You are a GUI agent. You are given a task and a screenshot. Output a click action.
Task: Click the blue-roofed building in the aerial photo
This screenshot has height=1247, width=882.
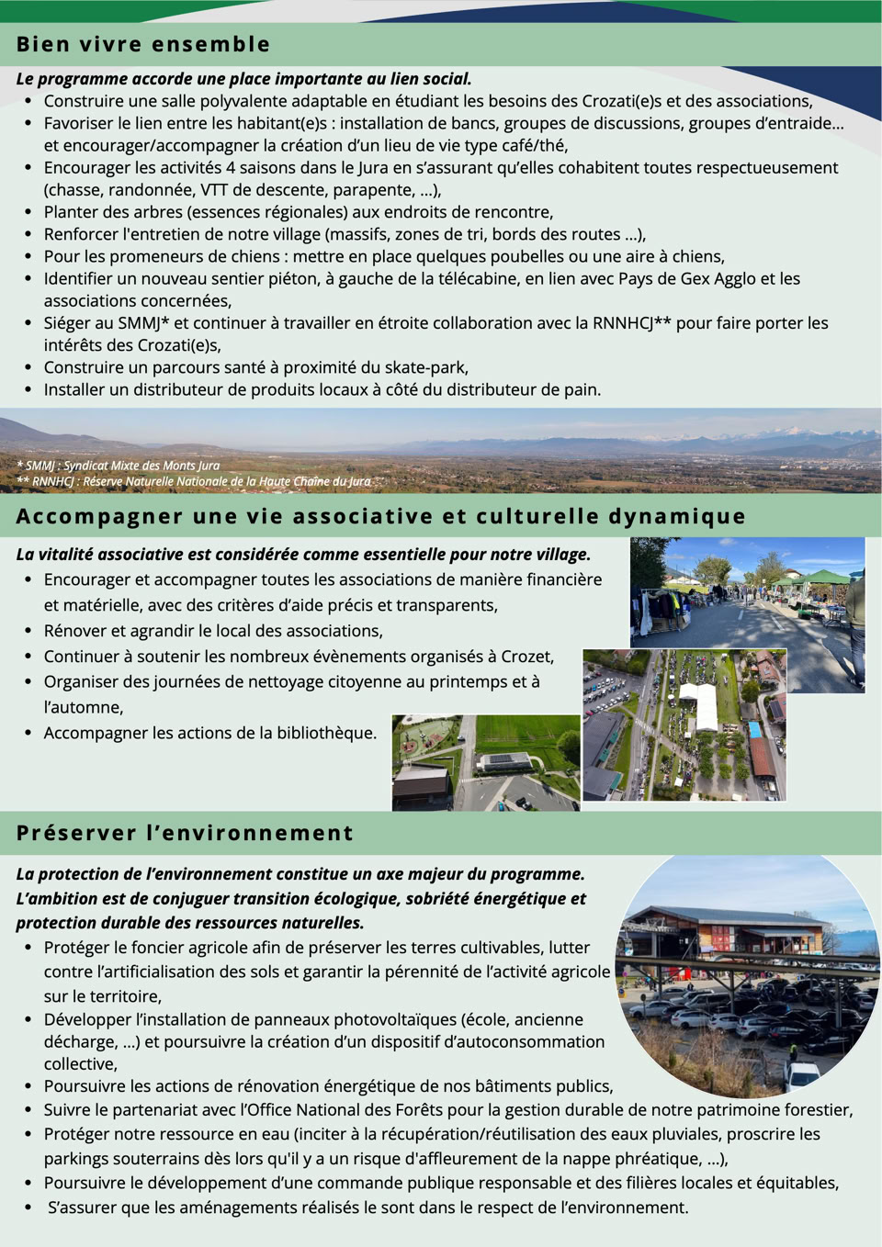point(755,730)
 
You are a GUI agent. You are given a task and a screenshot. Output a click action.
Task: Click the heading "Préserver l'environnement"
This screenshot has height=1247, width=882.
point(185,833)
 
